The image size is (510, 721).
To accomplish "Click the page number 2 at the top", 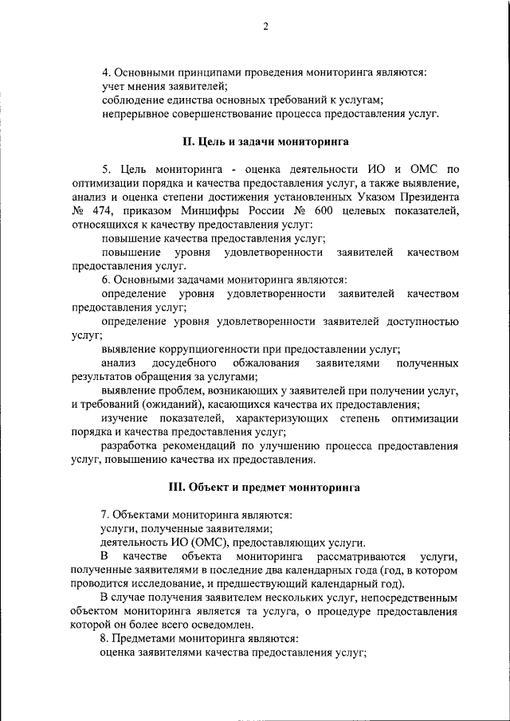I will pos(266,27).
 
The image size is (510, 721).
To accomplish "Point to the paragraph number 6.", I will pos(105,280).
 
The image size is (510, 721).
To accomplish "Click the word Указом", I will pos(365,196).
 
